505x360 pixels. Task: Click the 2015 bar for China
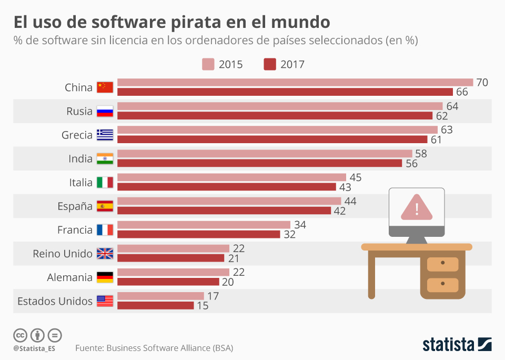click(x=295, y=83)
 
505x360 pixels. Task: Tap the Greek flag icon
click(x=105, y=135)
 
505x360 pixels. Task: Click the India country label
click(x=80, y=159)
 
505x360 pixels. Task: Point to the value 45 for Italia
click(x=356, y=177)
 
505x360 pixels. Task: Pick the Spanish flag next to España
click(x=105, y=206)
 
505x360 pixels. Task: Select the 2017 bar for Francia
click(x=198, y=234)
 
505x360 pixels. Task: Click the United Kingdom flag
click(x=105, y=254)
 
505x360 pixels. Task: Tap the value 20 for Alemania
click(x=228, y=282)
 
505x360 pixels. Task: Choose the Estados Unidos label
click(x=55, y=301)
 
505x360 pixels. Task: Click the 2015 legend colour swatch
click(x=208, y=65)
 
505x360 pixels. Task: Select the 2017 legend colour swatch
click(x=270, y=65)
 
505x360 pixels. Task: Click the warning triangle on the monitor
click(x=417, y=207)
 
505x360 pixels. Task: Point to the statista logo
click(x=457, y=344)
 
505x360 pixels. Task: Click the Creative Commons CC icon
click(x=20, y=335)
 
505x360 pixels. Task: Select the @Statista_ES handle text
click(x=35, y=348)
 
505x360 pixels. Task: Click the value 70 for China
click(x=481, y=83)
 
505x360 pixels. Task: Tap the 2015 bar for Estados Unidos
click(x=160, y=296)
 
